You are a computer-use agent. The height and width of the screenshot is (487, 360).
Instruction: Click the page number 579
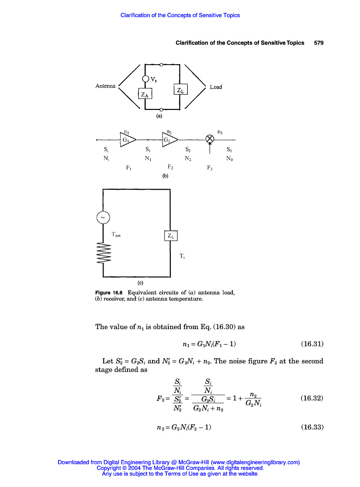tap(319, 43)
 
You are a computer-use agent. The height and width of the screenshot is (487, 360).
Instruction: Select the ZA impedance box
tap(142, 94)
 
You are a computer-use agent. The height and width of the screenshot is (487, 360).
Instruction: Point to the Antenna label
tap(105, 86)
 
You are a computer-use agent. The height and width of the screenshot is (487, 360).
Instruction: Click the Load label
tap(216, 87)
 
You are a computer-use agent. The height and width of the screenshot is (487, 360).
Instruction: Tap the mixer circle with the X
tap(210, 139)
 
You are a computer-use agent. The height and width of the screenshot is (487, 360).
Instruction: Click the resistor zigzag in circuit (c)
tap(103, 253)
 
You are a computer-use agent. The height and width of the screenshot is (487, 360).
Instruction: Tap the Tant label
tap(117, 234)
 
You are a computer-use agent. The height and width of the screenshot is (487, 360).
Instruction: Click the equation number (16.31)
tap(312, 343)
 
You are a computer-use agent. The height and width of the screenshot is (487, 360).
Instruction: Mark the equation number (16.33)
tap(312, 427)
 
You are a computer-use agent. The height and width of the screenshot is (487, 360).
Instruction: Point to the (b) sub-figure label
tap(165, 175)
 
